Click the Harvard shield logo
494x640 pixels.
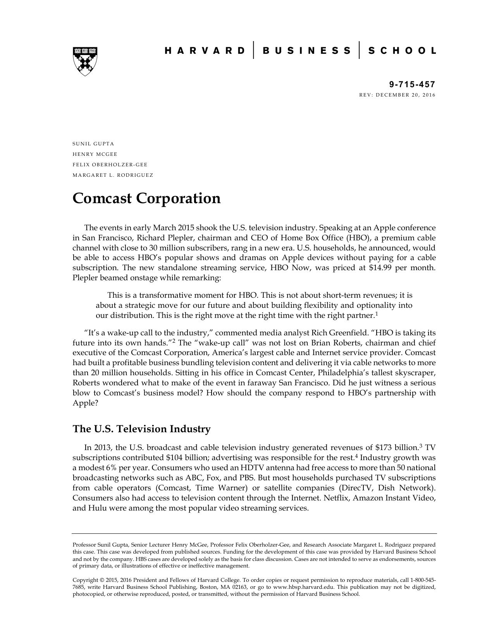tap(85, 61)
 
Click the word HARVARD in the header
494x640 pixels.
tap(205, 51)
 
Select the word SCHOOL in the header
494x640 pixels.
tap(402, 51)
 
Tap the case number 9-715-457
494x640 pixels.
tap(412, 85)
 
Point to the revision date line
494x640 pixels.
tap(397, 95)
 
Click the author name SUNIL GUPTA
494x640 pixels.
tap(93, 144)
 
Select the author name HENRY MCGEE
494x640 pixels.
tap(95, 154)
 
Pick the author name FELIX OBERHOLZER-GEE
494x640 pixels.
tap(110, 165)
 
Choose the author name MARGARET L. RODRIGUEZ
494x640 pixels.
tap(113, 175)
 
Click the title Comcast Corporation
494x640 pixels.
tap(146, 198)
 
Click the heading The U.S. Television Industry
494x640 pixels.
tap(141, 429)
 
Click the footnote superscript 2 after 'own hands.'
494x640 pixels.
tap(174, 341)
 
